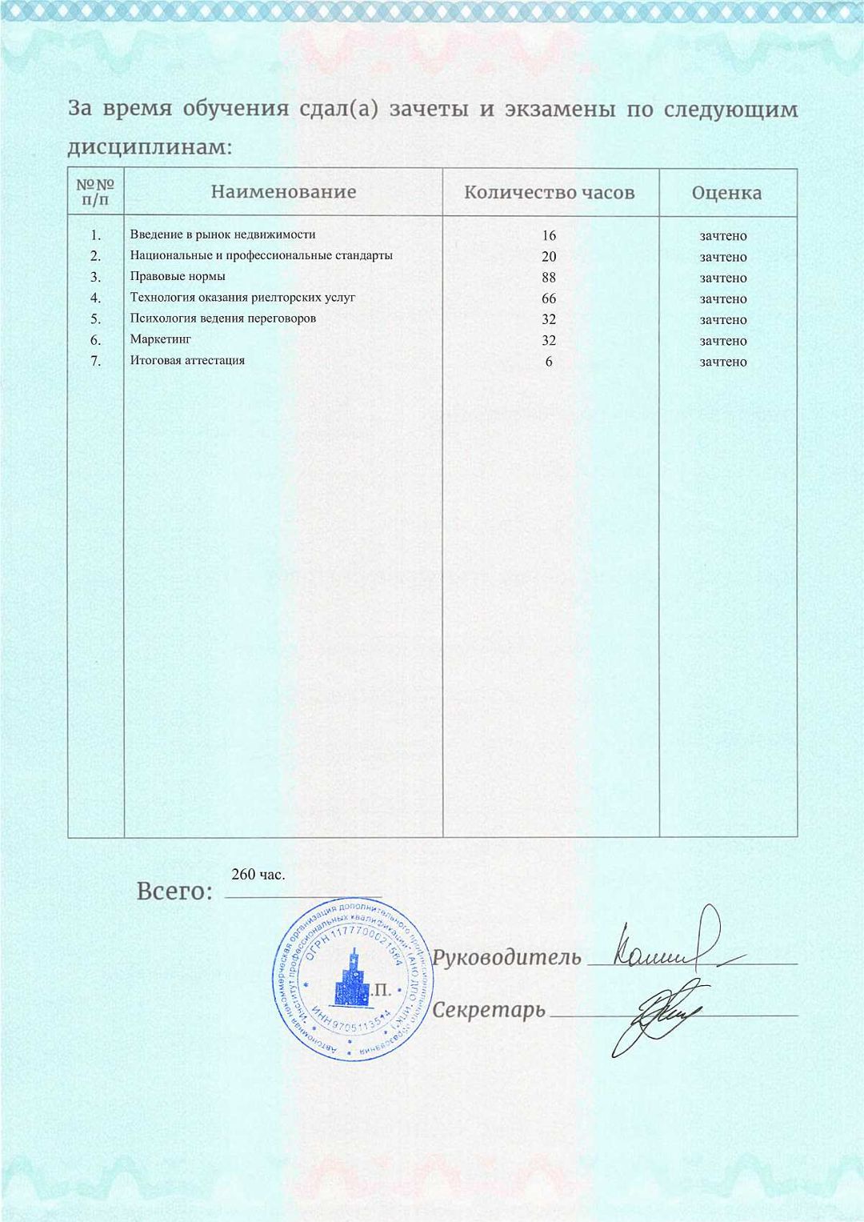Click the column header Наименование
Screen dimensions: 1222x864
(283, 192)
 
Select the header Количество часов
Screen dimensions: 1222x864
(550, 193)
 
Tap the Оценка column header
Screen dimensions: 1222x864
(726, 193)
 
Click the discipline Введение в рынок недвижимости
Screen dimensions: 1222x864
(222, 234)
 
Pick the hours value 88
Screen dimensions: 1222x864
(549, 278)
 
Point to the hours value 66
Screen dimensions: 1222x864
(549, 298)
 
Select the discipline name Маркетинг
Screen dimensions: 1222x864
(161, 339)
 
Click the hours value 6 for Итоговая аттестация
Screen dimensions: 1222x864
(549, 362)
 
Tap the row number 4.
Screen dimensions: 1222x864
(95, 298)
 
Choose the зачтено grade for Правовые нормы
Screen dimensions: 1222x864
(723, 278)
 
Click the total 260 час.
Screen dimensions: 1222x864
(258, 875)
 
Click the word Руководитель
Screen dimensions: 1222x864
(506, 957)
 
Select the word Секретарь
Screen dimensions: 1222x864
(489, 1010)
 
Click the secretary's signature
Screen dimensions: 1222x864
(652, 1016)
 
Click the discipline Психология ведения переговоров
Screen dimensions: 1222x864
(223, 318)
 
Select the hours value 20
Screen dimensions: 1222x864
(549, 257)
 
